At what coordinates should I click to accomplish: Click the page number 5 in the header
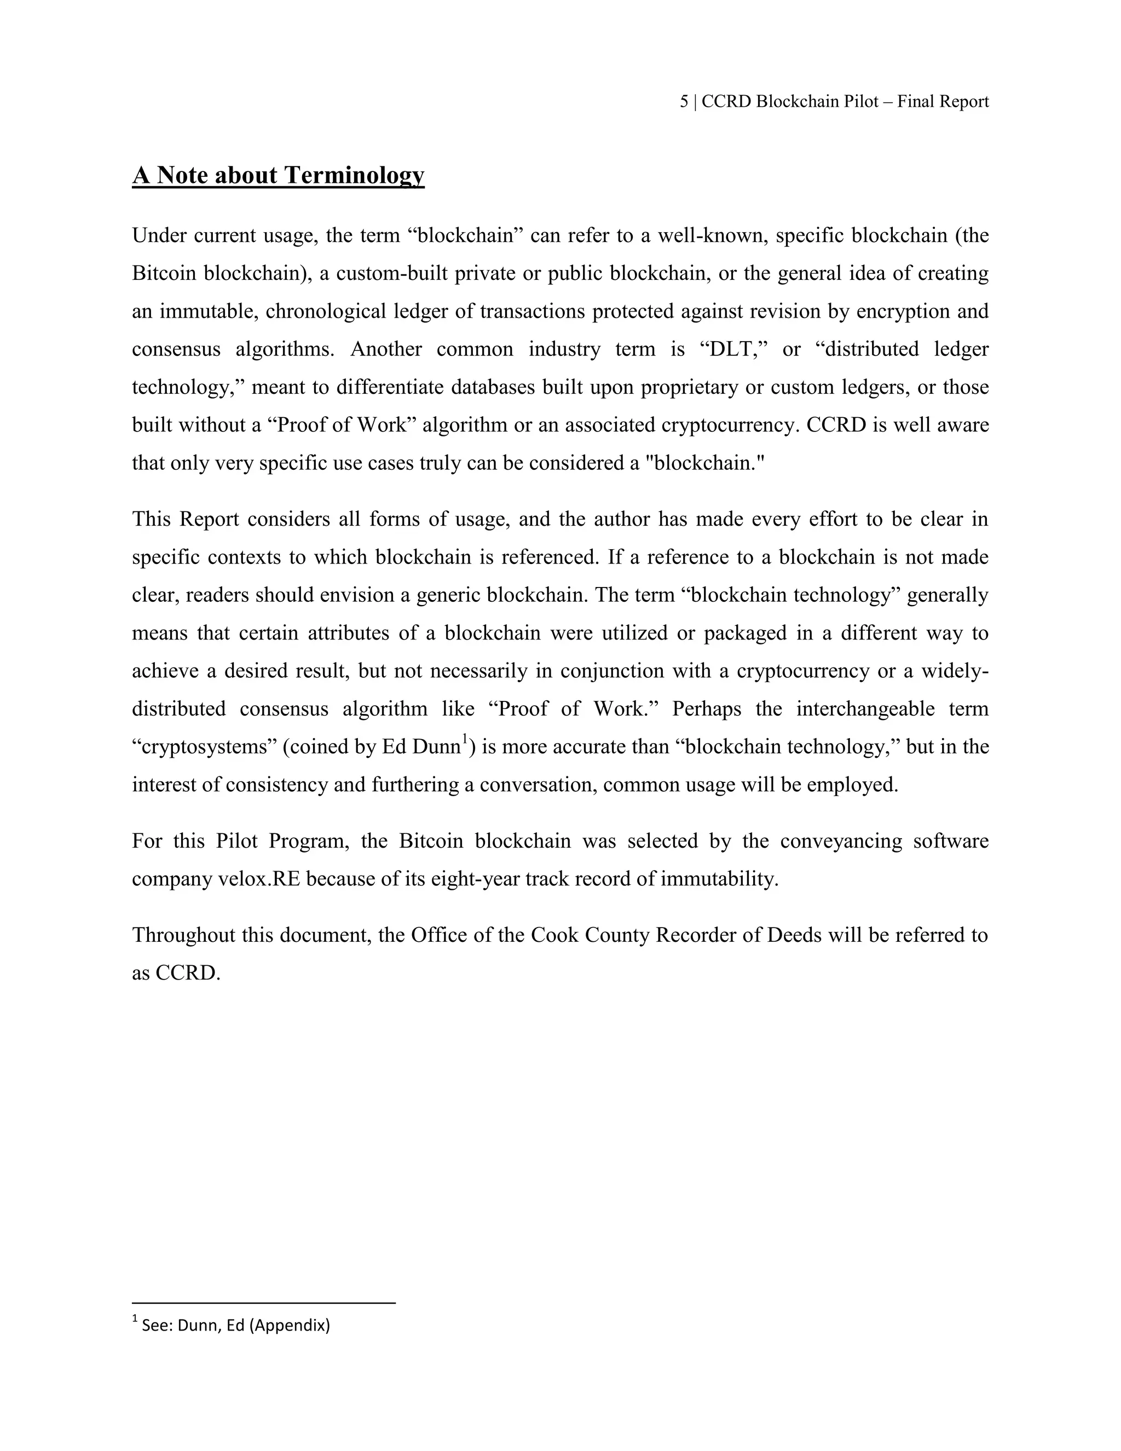pos(684,102)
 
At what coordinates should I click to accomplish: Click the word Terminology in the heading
pos(354,175)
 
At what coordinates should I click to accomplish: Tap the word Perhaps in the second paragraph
pos(707,709)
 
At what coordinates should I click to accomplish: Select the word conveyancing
pos(840,841)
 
